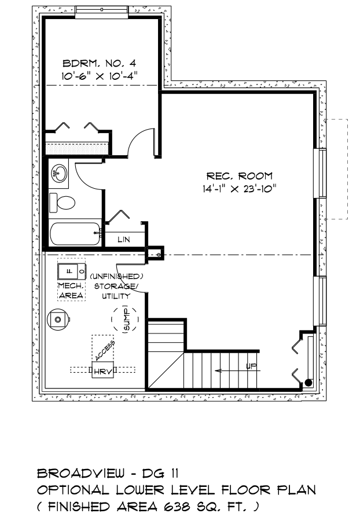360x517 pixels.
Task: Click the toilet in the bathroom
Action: [63, 203]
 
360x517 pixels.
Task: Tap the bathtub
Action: [75, 234]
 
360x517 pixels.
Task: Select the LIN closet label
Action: [124, 239]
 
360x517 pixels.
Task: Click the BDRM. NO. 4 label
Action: [99, 63]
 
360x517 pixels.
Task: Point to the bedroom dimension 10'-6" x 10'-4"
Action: [99, 76]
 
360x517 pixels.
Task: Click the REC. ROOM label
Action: [240, 176]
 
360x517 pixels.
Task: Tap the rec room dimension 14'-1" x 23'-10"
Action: [240, 189]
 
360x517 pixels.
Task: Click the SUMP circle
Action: [124, 319]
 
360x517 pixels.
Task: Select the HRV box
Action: [102, 370]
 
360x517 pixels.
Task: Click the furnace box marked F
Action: [72, 272]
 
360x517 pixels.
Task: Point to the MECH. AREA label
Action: [71, 291]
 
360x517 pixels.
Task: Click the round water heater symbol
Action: [59, 319]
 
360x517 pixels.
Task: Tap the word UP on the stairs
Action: [251, 366]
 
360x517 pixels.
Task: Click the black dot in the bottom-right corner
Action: [308, 383]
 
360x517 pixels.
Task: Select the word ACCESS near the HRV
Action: [105, 350]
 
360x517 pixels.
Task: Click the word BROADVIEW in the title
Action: [81, 474]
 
